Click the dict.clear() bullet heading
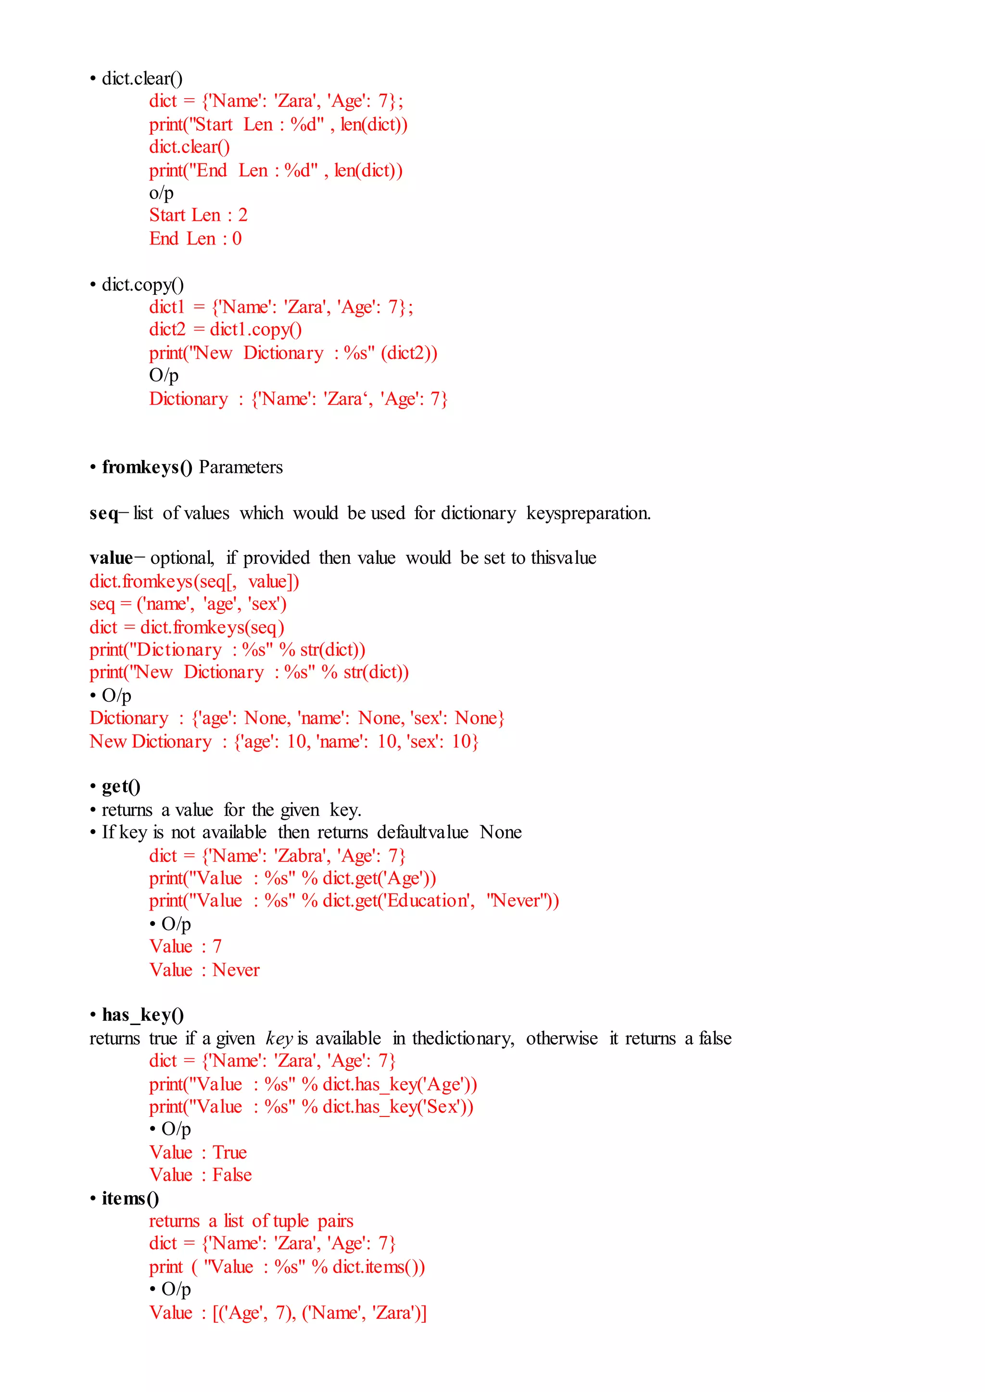pos(141,79)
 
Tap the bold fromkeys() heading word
pos(147,467)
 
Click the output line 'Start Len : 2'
pos(198,215)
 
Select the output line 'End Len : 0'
pos(195,239)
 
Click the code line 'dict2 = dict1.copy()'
pos(225,329)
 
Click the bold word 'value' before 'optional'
pos(111,558)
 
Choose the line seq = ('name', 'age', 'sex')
pos(188,604)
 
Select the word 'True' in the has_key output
pos(230,1152)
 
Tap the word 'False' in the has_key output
pos(232,1175)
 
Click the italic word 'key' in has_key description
pos(279,1039)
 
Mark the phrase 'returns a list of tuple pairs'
pos(251,1221)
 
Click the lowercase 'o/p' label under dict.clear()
pos(161,193)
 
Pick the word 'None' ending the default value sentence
pos(500,832)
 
